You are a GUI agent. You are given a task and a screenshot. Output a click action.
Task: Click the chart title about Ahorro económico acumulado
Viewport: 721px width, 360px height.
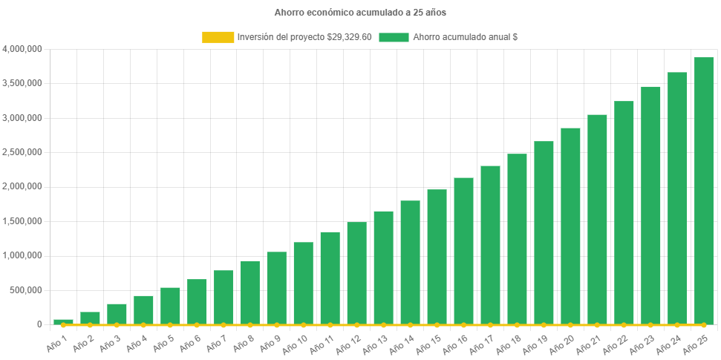click(360, 13)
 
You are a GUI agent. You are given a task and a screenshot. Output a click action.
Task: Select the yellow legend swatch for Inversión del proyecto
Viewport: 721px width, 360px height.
click(218, 37)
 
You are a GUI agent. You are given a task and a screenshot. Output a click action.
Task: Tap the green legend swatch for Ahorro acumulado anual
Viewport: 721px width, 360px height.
click(394, 37)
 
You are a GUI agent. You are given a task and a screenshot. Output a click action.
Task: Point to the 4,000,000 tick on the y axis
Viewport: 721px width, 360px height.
click(22, 49)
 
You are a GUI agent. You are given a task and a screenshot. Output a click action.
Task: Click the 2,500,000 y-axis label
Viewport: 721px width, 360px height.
click(22, 152)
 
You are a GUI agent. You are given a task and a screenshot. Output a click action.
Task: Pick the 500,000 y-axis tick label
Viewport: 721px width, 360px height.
click(27, 290)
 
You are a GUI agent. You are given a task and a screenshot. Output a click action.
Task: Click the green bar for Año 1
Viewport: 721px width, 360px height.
click(63, 321)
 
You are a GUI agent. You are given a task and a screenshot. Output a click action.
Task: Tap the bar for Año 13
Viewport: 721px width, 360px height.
click(383, 267)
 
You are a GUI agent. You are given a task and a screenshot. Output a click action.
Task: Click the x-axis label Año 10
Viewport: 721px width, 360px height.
click(298, 342)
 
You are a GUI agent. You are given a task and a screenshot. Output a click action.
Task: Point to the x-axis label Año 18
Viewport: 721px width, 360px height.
click(512, 342)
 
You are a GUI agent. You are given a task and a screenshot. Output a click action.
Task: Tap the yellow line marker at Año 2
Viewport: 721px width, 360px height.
click(90, 324)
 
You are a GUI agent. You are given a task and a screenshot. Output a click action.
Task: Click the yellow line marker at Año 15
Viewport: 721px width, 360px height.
click(437, 324)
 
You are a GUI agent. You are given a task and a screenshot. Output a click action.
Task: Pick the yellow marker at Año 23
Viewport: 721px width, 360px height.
click(650, 324)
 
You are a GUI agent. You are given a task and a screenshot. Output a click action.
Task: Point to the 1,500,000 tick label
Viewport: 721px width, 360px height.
click(22, 221)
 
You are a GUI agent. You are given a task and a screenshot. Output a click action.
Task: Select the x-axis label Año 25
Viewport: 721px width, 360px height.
click(699, 342)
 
